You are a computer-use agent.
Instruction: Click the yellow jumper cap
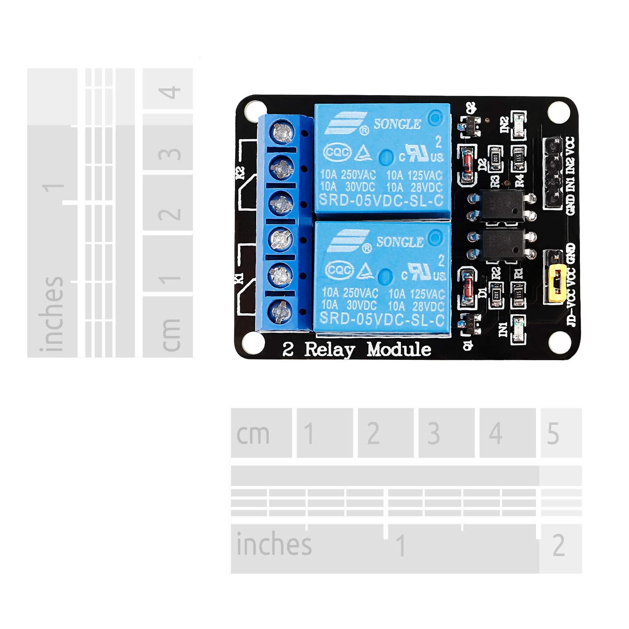point(555,284)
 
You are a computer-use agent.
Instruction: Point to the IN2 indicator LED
point(518,125)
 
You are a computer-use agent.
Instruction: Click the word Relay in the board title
point(329,349)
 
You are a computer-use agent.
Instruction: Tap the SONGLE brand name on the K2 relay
point(397,124)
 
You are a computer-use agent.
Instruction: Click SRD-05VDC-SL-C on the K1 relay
point(382,320)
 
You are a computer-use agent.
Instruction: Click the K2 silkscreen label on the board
point(240,173)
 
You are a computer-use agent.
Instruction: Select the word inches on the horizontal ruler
point(274,544)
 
